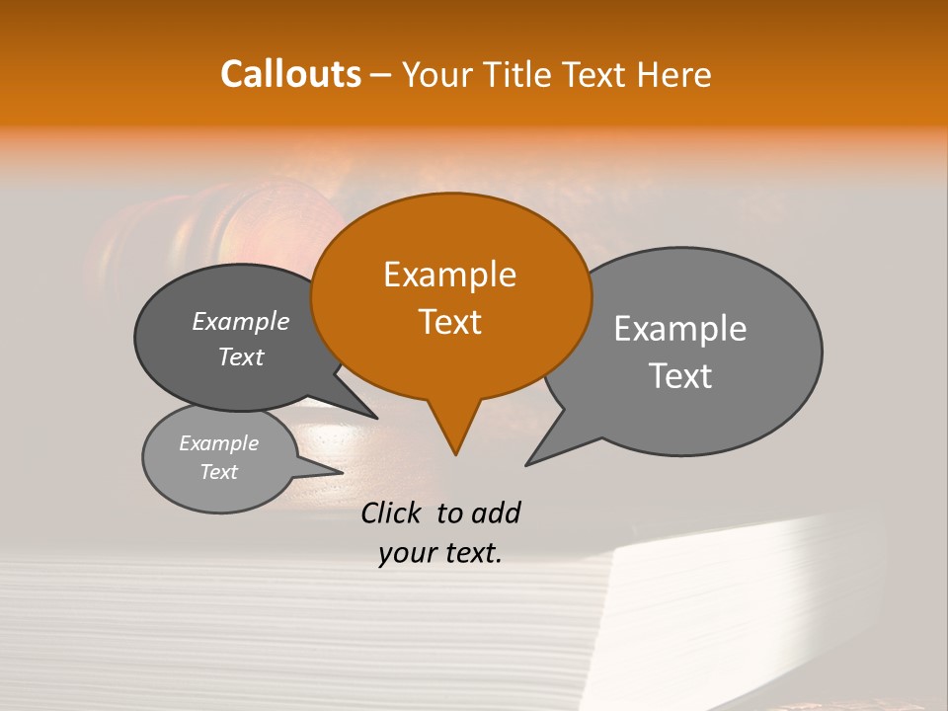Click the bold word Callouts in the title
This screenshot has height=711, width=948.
pos(290,74)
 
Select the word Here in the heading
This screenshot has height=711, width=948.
pos(673,74)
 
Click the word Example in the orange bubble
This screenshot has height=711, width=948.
pos(449,275)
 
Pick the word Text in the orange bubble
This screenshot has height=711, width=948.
pos(449,322)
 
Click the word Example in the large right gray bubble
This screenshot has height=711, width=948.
pos(680,328)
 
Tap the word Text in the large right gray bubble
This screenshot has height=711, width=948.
pos(680,376)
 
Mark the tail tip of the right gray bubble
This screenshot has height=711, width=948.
pos(527,464)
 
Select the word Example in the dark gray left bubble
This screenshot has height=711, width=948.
pos(241,322)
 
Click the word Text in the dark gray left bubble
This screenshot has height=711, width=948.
pos(241,356)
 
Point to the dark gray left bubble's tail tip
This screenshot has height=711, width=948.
pos(376,418)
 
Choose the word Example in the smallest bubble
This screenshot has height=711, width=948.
pos(218,443)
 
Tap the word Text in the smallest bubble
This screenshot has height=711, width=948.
pos(218,472)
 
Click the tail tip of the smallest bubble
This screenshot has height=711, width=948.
pos(342,471)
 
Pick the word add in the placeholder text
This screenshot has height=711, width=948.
pos(496,513)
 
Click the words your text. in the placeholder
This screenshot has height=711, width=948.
pos(440,553)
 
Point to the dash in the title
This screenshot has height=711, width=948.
pos(382,74)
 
